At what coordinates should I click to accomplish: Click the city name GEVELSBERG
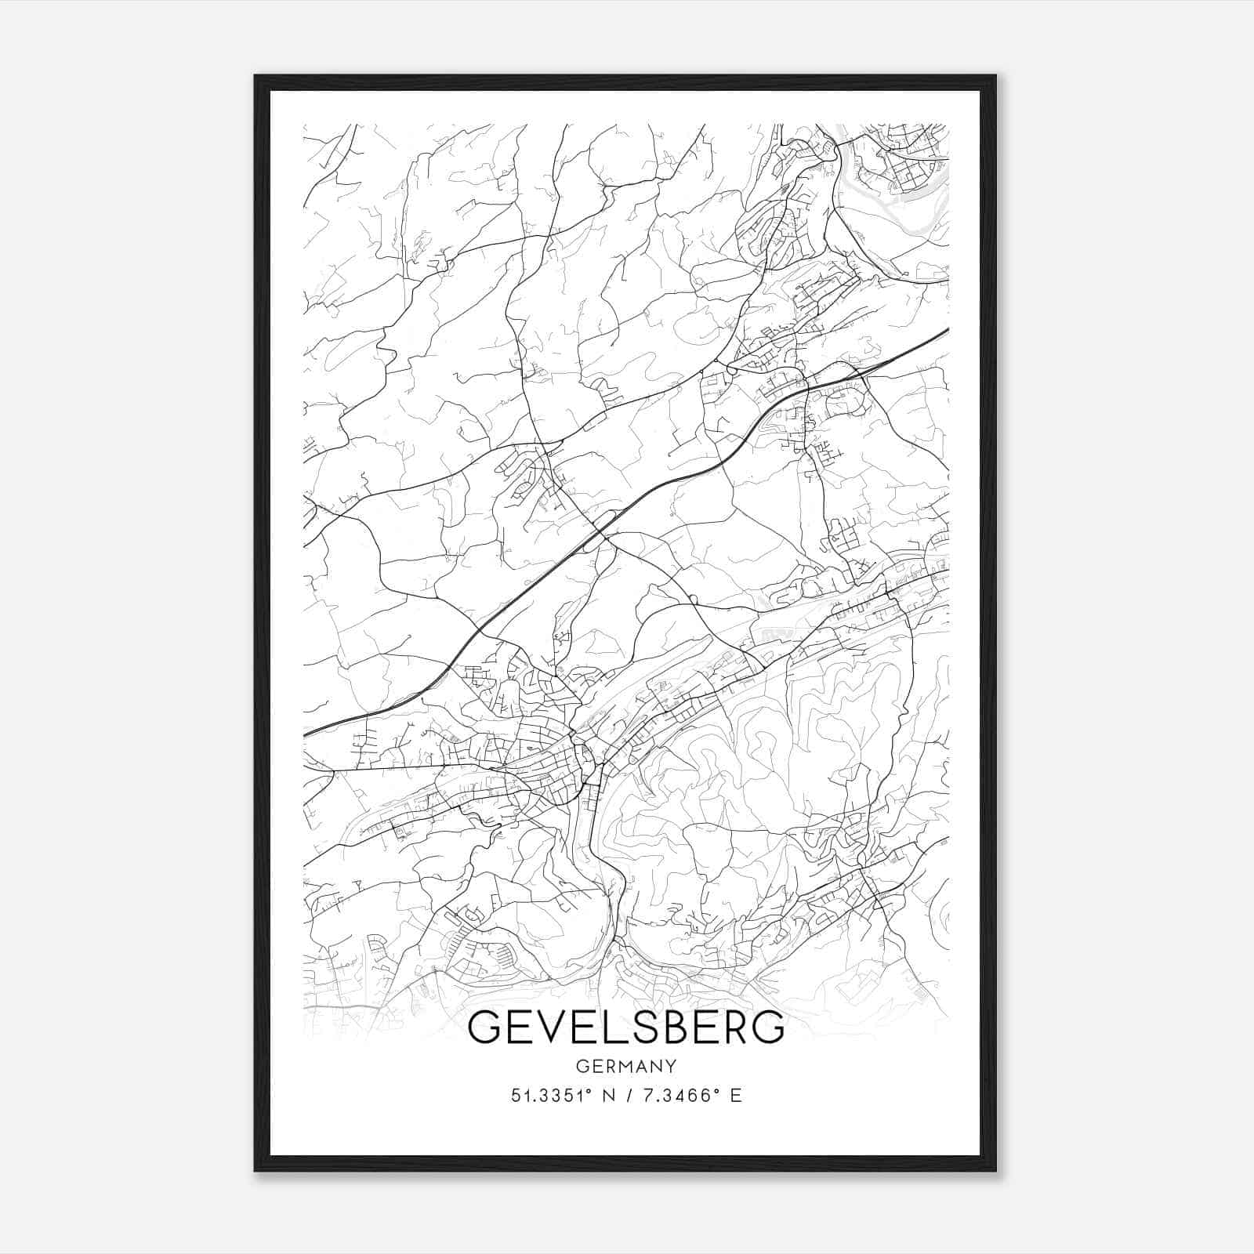click(625, 1027)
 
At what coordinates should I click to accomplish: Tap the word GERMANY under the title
click(625, 1066)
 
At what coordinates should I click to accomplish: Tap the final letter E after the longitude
click(735, 1096)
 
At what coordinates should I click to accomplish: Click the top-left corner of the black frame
click(256, 76)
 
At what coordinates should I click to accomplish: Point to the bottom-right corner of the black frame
click(996, 1171)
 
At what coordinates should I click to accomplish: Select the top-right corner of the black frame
click(996, 76)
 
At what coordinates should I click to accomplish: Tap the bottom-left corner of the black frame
click(256, 1171)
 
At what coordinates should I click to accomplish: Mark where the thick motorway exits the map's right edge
click(948, 329)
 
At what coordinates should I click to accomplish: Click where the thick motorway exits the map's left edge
click(305, 734)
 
